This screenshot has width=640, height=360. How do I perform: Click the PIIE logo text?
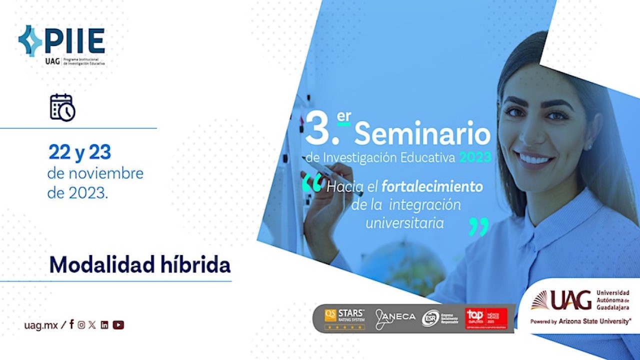pos(74,40)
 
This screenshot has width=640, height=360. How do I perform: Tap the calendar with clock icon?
pos(62,107)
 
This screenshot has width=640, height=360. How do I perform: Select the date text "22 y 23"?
pos(79,152)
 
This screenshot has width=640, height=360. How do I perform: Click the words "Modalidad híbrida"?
pos(140,265)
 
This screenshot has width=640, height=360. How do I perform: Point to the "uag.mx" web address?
pos(41,325)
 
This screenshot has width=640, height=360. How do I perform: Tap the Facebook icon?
pos(71,324)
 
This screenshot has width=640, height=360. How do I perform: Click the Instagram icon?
pos(81,325)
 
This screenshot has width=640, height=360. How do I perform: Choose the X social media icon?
pos(92,325)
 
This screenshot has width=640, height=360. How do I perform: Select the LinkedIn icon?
pos(104,325)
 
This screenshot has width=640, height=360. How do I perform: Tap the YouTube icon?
pos(118,325)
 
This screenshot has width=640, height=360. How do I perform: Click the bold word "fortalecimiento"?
pos(432,187)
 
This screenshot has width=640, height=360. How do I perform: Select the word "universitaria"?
pos(404,222)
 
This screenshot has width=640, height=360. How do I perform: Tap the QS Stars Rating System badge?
pos(344,318)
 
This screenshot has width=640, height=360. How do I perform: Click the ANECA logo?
pos(395,318)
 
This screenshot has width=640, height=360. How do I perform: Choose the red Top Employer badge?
pos(486,318)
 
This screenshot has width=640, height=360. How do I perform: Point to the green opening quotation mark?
pos(312,184)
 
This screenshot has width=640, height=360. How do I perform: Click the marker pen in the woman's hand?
pos(332,177)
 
